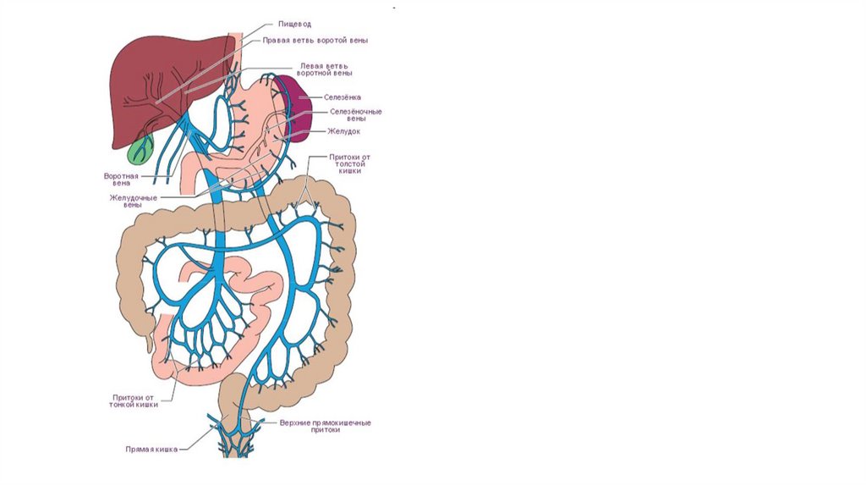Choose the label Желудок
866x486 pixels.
(x=344, y=131)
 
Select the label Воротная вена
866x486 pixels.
(x=121, y=179)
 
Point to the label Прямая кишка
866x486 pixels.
(x=151, y=450)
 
